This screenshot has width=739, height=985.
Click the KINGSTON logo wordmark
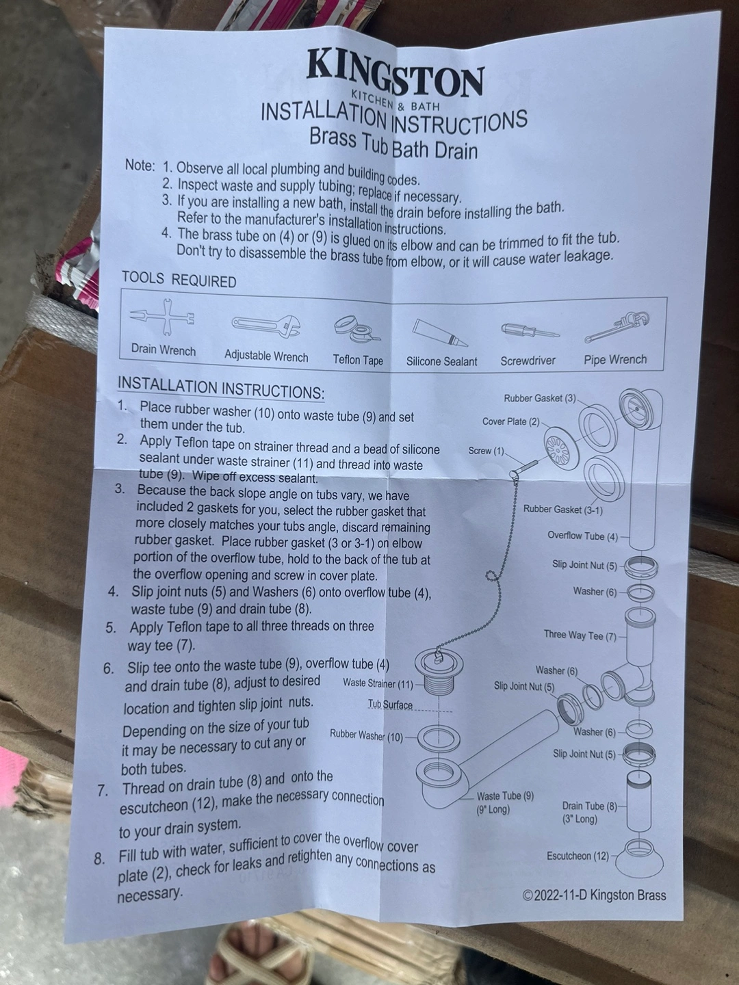394,73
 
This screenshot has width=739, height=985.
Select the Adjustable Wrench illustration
266,326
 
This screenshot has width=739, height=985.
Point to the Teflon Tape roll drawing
356,329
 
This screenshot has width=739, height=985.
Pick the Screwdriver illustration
530,331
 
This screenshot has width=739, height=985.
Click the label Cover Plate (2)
510,422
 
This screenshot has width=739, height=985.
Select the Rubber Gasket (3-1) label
562,510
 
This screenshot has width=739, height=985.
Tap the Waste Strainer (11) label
378,683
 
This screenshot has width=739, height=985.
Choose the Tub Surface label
390,705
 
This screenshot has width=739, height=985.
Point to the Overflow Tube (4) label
582,536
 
